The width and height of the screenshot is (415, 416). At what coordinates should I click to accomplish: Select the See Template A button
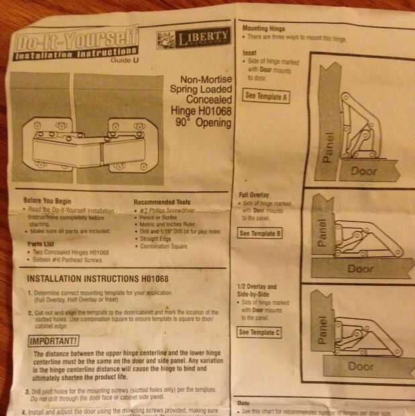point(267,96)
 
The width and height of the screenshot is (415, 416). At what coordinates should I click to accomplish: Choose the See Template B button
point(261,233)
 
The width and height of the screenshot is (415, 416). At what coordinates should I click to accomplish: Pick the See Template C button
point(260,332)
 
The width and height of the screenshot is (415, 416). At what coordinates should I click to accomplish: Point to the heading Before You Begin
point(48,201)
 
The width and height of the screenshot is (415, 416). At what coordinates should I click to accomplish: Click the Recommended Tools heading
point(162,202)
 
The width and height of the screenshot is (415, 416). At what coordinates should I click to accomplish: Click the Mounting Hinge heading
point(263,30)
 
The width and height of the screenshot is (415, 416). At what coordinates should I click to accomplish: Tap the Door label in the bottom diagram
point(361,367)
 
